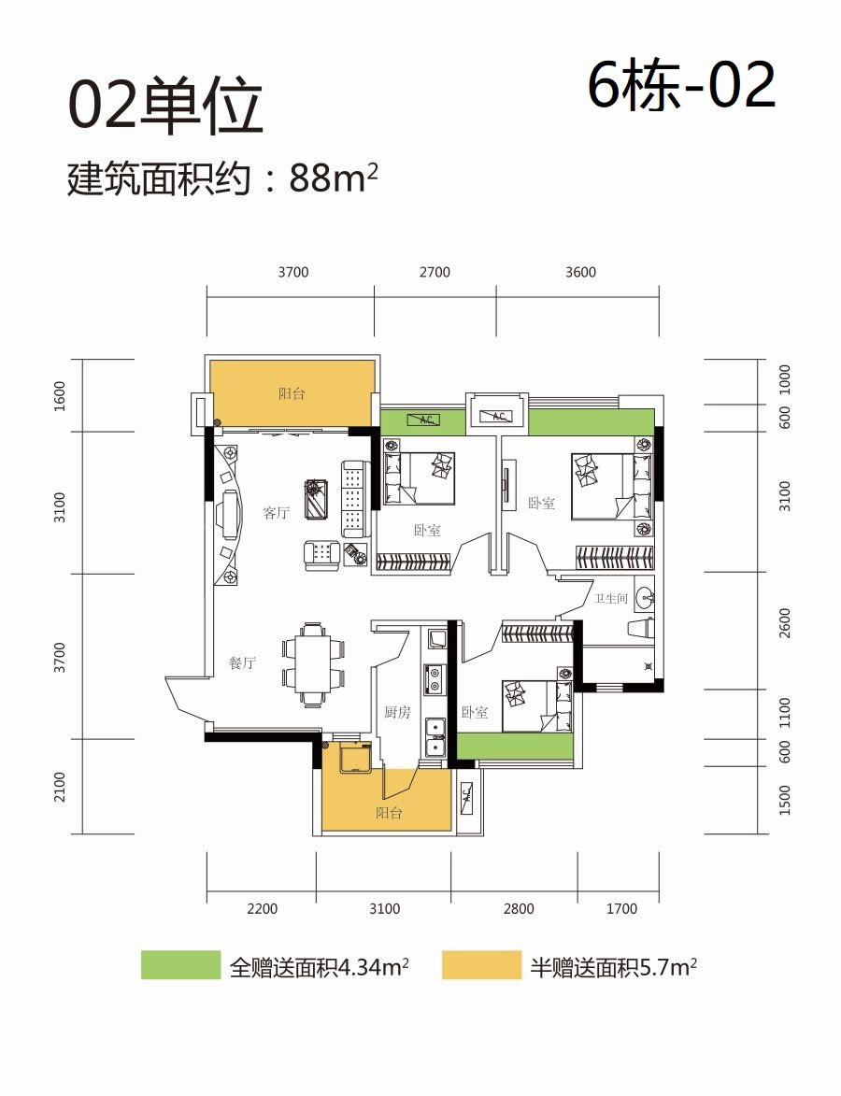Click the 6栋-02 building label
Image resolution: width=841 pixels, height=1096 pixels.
[x=681, y=85]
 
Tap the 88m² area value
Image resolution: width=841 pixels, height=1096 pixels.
[x=334, y=178]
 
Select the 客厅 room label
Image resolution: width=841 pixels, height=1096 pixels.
[x=277, y=513]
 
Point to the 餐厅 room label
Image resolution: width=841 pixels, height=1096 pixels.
[x=243, y=662]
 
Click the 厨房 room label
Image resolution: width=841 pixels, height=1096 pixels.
[x=397, y=712]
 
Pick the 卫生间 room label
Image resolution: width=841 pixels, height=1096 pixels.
[x=610, y=598]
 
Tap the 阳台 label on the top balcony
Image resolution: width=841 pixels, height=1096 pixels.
[x=292, y=393]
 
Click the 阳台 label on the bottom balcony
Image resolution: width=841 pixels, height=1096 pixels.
[x=389, y=813]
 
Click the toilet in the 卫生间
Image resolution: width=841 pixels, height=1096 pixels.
[x=642, y=629]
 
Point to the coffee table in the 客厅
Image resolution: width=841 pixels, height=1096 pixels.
[x=317, y=499]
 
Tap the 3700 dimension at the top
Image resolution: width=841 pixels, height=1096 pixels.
[x=292, y=272]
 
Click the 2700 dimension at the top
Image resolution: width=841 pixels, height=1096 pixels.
[x=435, y=272]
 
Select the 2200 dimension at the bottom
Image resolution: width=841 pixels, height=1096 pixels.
[x=263, y=909]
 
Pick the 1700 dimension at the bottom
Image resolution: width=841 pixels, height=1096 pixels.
[x=621, y=909]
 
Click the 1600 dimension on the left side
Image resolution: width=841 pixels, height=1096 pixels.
[x=60, y=395]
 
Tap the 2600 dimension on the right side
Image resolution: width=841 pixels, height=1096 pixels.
[x=784, y=623]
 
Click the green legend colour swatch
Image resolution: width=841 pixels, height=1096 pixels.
[x=180, y=965]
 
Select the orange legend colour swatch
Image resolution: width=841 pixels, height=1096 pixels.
[x=481, y=965]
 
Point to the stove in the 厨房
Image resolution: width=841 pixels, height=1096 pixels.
[x=435, y=678]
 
